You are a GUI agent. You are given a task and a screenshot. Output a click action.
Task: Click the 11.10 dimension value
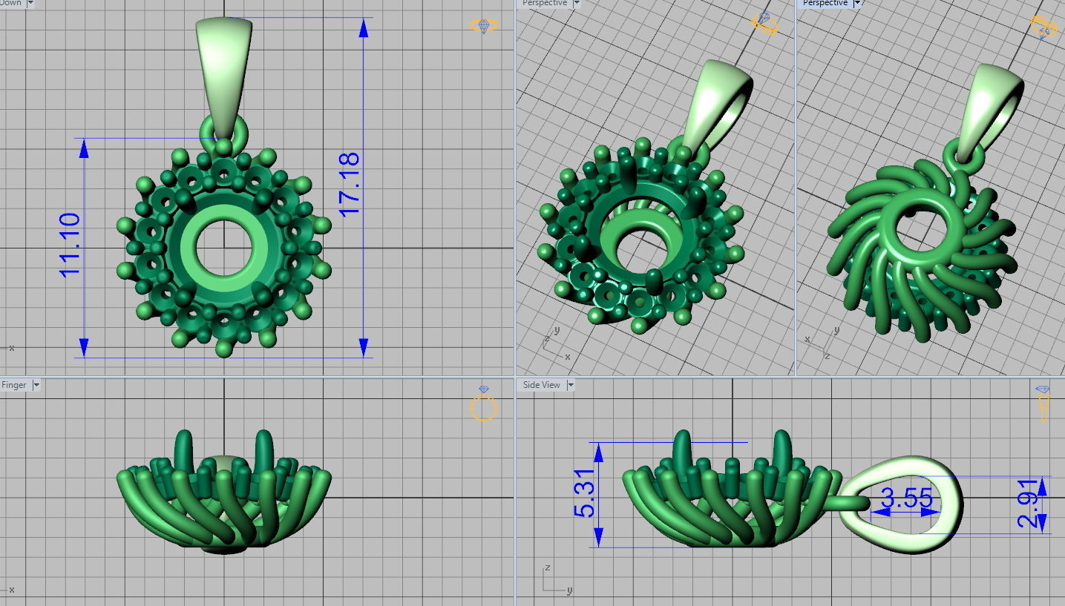point(70,245)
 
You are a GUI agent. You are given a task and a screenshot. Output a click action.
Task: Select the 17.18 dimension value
point(349,184)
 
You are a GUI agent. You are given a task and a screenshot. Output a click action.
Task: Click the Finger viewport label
point(13,385)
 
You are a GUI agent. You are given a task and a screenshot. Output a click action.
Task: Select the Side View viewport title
point(541,385)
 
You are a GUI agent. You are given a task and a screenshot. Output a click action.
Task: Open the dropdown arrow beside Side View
point(571,385)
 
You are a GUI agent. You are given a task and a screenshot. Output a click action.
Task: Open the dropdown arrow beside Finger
point(36,385)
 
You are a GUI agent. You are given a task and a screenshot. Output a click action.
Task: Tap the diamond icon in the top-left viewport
point(484,26)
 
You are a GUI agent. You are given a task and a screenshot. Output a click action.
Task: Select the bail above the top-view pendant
point(223,70)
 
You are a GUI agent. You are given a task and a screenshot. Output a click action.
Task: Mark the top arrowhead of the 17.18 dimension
point(363,28)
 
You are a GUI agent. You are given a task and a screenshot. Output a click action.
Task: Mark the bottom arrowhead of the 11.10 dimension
point(84,346)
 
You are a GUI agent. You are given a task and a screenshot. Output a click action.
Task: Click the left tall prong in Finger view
point(183,449)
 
